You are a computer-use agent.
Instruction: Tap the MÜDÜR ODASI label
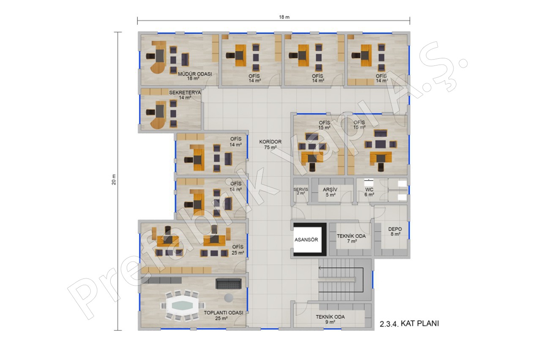(x=195, y=74)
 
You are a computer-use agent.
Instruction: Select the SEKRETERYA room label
(x=185, y=93)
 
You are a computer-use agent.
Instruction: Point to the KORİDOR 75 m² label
(x=270, y=144)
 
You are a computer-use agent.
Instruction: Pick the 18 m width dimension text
(x=284, y=17)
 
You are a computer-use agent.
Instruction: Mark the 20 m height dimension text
(x=114, y=180)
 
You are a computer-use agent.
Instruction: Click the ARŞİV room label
(x=330, y=190)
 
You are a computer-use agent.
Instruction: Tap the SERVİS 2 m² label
(x=301, y=191)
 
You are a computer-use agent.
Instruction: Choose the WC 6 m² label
(x=369, y=192)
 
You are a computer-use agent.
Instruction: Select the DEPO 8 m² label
(x=395, y=231)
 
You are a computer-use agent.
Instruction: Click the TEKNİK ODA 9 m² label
(x=330, y=319)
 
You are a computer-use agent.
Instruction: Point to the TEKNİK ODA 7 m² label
(x=351, y=238)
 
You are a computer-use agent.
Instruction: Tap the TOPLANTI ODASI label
(x=224, y=313)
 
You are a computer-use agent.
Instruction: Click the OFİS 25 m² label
(x=238, y=250)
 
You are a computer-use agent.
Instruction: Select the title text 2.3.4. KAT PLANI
(x=409, y=324)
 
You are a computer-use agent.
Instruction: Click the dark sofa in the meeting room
(x=229, y=284)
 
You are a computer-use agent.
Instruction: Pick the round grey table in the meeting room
(x=229, y=297)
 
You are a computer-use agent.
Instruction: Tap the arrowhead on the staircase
(x=320, y=268)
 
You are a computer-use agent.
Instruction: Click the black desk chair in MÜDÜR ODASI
(x=151, y=56)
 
